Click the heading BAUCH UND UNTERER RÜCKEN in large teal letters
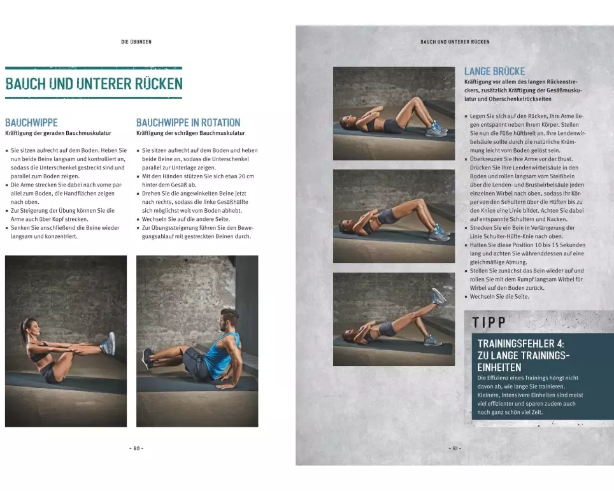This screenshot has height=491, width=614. tap(94, 84)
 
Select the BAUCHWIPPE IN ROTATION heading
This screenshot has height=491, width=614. tap(189, 122)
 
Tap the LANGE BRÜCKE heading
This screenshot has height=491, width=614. tap(494, 71)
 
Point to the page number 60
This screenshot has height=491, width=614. tap(136, 448)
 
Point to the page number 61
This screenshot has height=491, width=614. tap(455, 448)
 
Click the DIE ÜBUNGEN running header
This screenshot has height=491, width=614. tap(136, 42)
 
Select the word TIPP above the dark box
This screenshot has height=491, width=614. tap(489, 322)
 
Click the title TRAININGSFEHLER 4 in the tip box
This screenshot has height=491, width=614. tap(520, 344)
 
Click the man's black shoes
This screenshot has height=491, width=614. tap(148, 359)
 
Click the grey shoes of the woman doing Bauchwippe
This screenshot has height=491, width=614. tap(108, 343)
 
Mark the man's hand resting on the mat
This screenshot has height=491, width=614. tap(224, 386)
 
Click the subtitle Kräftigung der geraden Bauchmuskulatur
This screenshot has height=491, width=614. tap(58, 133)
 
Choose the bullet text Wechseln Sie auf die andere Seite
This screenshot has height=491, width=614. tap(185, 219)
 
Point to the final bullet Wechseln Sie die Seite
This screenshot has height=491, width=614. tap(499, 296)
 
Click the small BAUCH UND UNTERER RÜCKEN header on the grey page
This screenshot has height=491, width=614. tap(455, 42)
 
